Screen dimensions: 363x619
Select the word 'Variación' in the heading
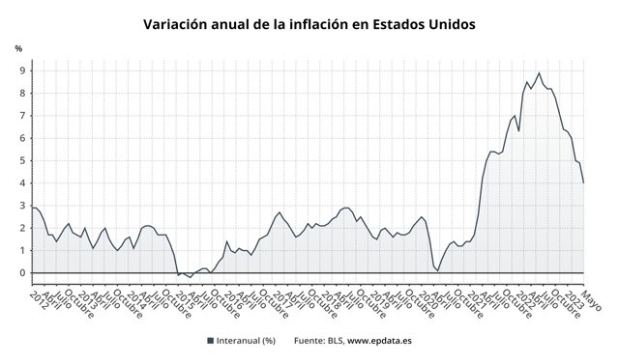pyautogui.click(x=179, y=23)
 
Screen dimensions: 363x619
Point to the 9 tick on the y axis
pyautogui.click(x=21, y=70)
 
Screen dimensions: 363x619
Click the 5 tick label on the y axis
pyautogui.click(x=21, y=160)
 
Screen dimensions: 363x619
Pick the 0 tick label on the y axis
pyautogui.click(x=21, y=273)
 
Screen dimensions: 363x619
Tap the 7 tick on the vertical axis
pyautogui.click(x=21, y=116)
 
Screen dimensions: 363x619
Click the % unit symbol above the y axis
pyautogui.click(x=18, y=48)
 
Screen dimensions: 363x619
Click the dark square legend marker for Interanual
pyautogui.click(x=211, y=341)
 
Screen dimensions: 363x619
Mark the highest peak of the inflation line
pyautogui.click(x=539, y=73)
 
